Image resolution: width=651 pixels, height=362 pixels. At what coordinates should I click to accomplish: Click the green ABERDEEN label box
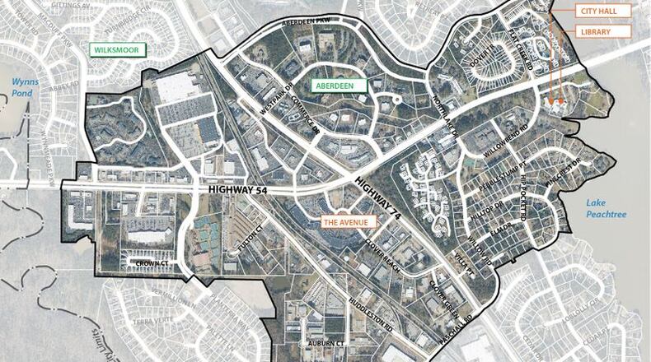[338, 84]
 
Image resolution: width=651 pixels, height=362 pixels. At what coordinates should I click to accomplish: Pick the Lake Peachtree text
[606, 209]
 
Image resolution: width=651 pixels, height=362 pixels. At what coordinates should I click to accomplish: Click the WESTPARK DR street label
[277, 97]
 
